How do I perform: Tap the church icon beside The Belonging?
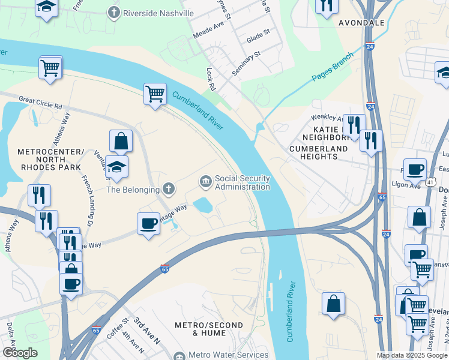[x=169, y=190]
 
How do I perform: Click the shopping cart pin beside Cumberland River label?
[x=155, y=94]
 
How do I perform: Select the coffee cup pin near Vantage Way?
[x=148, y=224]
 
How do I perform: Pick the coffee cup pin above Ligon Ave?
[x=415, y=170]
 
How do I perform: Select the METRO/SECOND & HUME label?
[x=208, y=329]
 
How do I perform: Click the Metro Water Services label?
[x=228, y=355]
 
